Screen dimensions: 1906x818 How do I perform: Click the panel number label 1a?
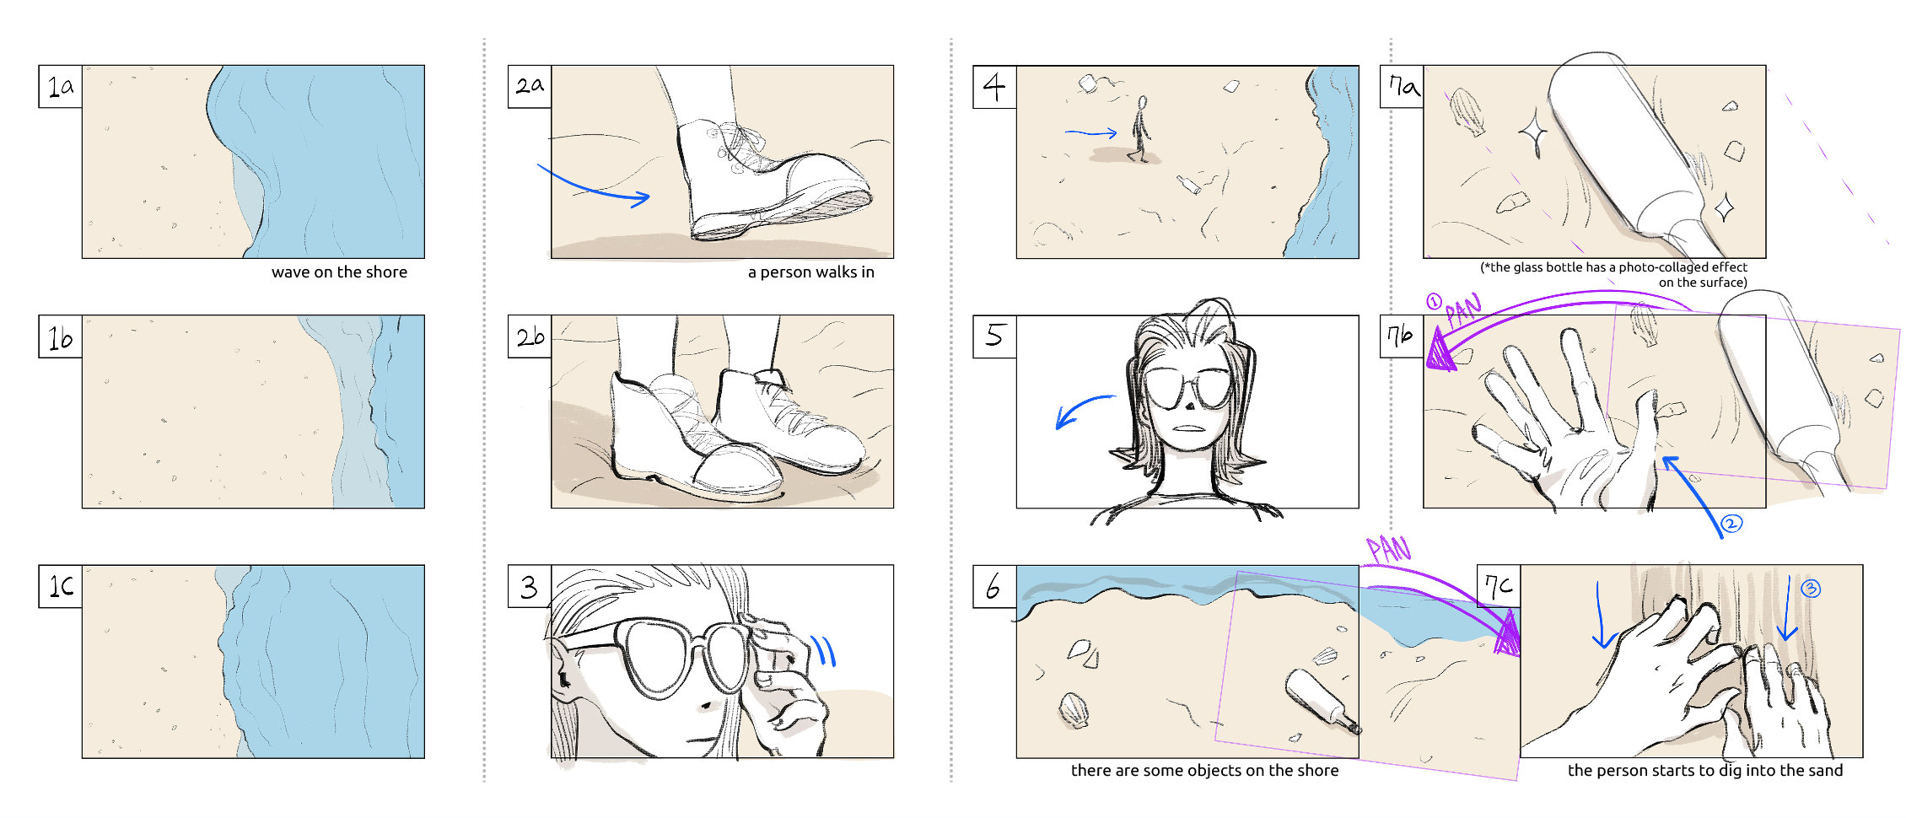point(61,86)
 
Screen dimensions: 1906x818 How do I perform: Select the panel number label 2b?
point(530,336)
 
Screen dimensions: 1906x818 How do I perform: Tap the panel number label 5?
point(994,336)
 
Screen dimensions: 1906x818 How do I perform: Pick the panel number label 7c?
point(1499,586)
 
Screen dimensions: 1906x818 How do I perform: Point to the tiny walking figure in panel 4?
point(1139,128)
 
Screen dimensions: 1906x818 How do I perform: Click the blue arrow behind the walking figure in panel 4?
point(1091,133)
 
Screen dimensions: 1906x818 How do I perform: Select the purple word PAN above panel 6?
point(1388,550)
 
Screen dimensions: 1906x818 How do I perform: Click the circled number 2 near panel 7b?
point(1731,524)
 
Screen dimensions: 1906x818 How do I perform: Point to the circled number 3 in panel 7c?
point(1811,589)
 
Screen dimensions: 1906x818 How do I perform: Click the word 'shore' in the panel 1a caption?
point(385,272)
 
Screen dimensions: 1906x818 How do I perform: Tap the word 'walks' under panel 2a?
point(814,272)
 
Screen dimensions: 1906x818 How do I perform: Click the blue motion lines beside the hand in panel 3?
point(824,650)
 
